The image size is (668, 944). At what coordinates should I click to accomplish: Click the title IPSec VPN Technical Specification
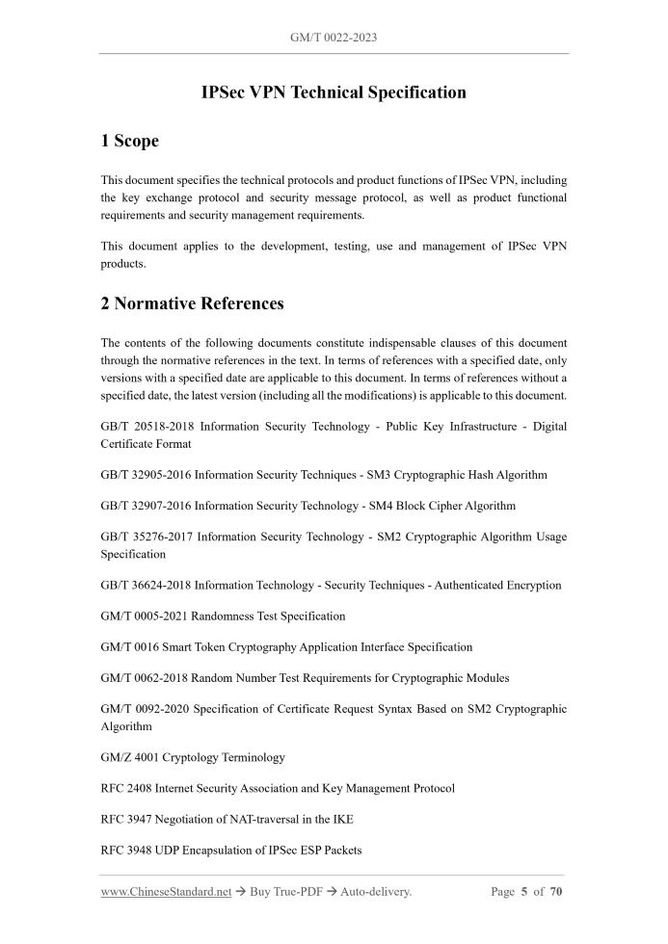(334, 93)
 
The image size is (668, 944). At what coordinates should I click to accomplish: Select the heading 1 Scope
(130, 141)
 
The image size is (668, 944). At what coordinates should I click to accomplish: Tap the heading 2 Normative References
(193, 304)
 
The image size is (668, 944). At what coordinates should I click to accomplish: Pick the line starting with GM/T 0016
(286, 647)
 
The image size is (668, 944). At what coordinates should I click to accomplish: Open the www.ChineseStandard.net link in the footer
(166, 892)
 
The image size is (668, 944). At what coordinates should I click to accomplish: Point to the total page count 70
(556, 892)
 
